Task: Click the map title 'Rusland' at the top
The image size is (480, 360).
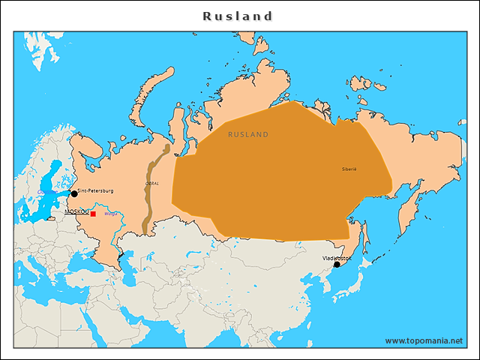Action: point(238,16)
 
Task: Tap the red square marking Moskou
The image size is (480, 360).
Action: point(93,214)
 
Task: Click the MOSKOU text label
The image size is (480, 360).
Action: point(76,212)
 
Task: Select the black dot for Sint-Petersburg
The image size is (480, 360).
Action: point(74,193)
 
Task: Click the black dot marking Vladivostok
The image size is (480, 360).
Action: point(337,264)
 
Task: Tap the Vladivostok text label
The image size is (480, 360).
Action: point(337,257)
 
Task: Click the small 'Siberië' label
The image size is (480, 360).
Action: point(349,169)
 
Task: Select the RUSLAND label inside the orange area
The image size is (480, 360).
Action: point(248,134)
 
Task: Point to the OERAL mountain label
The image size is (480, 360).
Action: point(152,183)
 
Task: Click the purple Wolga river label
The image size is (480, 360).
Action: point(110,214)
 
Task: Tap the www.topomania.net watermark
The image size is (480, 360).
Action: point(424,340)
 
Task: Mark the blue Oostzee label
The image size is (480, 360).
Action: point(43,192)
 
